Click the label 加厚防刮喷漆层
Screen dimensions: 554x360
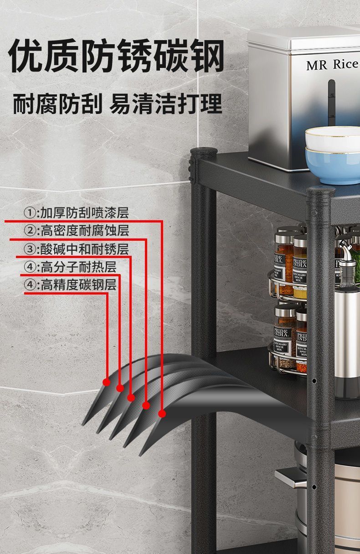pos(84,212)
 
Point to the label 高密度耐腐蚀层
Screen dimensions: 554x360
pos(85,231)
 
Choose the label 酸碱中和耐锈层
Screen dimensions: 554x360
pos(84,249)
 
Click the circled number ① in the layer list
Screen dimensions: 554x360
pos(30,213)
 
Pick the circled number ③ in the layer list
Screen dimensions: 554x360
pos(30,249)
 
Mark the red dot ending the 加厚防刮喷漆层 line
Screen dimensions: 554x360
pos(162,414)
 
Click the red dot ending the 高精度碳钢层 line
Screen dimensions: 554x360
pos(107,382)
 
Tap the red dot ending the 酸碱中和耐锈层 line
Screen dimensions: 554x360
pos(131,398)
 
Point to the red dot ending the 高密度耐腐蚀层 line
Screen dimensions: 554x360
pos(146,405)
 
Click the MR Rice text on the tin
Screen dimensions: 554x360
pos(331,65)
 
